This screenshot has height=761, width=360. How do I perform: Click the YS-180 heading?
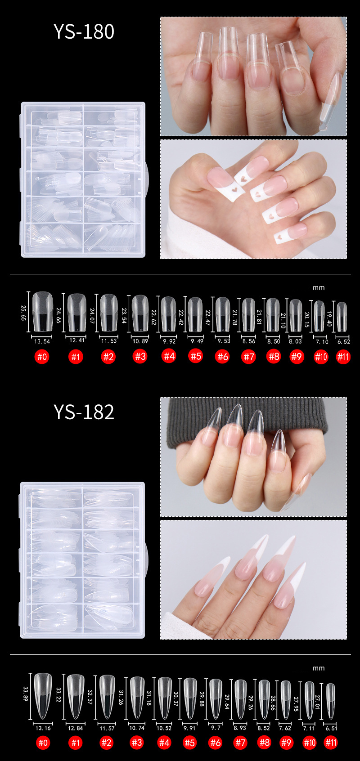[84, 31]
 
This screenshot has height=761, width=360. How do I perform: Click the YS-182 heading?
[84, 412]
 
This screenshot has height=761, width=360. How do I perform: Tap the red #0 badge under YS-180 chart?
[42, 357]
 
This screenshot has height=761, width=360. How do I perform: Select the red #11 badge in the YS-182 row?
[331, 743]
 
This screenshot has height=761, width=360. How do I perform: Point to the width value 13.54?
[42, 341]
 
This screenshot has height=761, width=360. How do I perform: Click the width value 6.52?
[343, 341]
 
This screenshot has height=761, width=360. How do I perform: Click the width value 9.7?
[216, 727]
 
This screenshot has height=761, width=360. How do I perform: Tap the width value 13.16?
[43, 728]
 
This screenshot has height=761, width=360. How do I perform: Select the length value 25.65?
[23, 313]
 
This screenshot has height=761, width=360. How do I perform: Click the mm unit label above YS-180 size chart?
[319, 288]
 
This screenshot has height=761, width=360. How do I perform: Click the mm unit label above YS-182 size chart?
[319, 668]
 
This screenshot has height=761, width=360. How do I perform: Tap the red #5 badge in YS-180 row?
[196, 357]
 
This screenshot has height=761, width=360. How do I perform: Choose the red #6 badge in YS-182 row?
[216, 743]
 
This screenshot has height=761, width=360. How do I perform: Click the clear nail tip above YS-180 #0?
[42, 311]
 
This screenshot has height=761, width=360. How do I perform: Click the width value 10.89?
[140, 341]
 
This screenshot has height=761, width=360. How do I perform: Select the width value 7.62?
[285, 728]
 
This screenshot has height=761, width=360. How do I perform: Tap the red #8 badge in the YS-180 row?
[274, 357]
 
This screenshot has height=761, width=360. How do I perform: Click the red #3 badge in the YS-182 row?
[137, 743]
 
